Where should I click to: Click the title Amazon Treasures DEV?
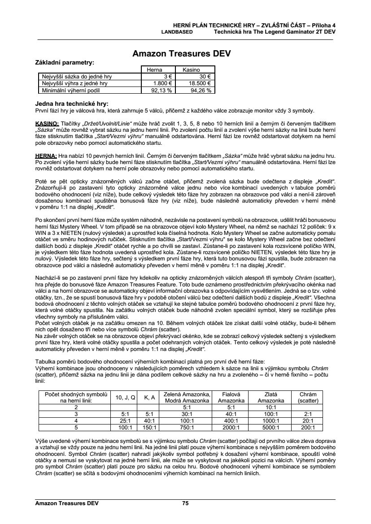tap(182, 54)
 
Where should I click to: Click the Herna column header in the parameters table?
tap(155, 70)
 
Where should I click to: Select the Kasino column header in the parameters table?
tap(191, 70)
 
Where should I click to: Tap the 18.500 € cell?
tap(201, 83)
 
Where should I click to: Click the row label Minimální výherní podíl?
tap(74, 90)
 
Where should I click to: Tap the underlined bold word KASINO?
tap(46, 123)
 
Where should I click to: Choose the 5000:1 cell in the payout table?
tap(271, 428)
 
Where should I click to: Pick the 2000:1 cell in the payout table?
tap(231, 428)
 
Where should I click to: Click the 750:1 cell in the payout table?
tap(188, 428)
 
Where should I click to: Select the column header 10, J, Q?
tap(124, 397)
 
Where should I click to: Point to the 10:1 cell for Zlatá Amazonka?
tap(271, 407)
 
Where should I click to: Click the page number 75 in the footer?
tap(185, 503)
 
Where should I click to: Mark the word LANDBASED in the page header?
tap(177, 32)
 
